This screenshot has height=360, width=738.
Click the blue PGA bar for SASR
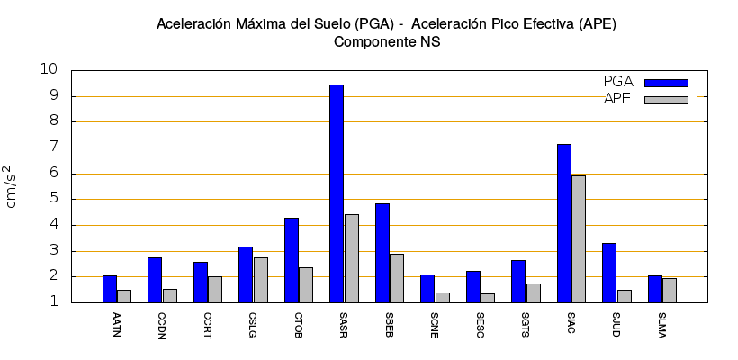coord(337,193)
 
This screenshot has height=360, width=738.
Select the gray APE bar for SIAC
coord(579,238)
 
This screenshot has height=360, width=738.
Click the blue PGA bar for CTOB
coord(292,260)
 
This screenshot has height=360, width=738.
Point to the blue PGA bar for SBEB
coord(382,253)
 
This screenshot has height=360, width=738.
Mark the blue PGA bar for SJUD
coord(609,273)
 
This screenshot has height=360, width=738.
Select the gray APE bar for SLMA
coord(670,290)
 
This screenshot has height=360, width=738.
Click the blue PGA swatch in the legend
coord(666,83)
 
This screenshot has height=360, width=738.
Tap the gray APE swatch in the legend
coord(666,100)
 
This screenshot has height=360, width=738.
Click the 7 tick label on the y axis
coord(53,148)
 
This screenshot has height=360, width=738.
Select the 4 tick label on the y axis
coord(53,226)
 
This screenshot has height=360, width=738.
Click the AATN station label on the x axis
coord(117,323)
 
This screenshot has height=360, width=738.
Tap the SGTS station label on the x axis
coord(526,323)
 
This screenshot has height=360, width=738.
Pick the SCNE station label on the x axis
coord(436,323)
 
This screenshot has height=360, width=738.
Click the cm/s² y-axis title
coord(12,186)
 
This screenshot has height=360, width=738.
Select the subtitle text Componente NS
coord(386,41)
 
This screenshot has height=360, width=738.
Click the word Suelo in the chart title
coord(320,22)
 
